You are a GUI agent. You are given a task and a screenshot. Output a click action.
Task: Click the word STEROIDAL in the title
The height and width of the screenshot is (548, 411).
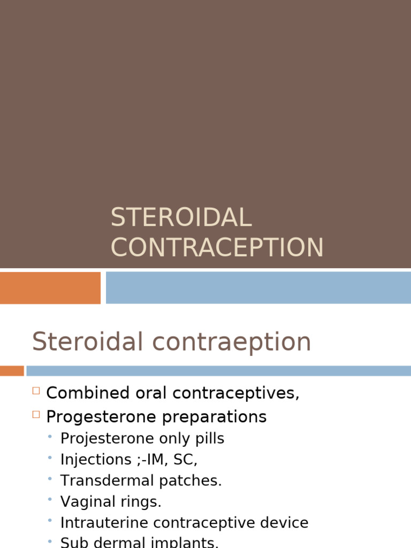pos(181,218)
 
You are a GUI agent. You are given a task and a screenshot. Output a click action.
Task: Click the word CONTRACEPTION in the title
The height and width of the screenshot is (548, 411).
pos(217,247)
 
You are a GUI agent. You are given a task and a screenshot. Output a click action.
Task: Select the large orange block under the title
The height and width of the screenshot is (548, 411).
pos(50,287)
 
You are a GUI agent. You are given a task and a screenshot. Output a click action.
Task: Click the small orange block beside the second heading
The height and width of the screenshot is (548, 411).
pos(11,370)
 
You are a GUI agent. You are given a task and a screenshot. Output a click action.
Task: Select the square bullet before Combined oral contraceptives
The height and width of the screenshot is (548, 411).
pos(36,391)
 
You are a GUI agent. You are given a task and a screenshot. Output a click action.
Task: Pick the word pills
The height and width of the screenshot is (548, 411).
pos(208,439)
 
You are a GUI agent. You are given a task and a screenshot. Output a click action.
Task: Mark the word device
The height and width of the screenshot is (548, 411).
pos(285,523)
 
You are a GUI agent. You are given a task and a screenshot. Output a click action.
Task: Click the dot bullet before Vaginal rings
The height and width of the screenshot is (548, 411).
pos(50,500)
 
